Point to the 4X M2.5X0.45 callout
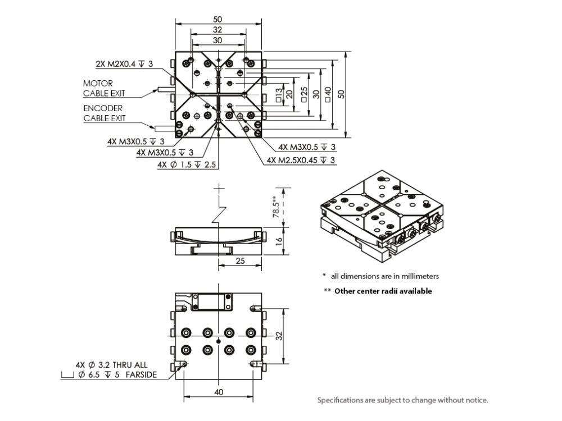pyautogui.click(x=301, y=161)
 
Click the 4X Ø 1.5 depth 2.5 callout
pyautogui.click(x=188, y=164)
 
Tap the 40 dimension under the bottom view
pyautogui.click(x=218, y=392)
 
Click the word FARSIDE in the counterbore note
pyautogui.click(x=142, y=374)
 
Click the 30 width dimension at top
pyautogui.click(x=217, y=40)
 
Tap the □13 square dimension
pyautogui.click(x=279, y=94)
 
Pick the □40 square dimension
pyautogui.click(x=328, y=94)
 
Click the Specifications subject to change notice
pyautogui.click(x=402, y=400)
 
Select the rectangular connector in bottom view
pyautogui.click(x=212, y=302)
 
